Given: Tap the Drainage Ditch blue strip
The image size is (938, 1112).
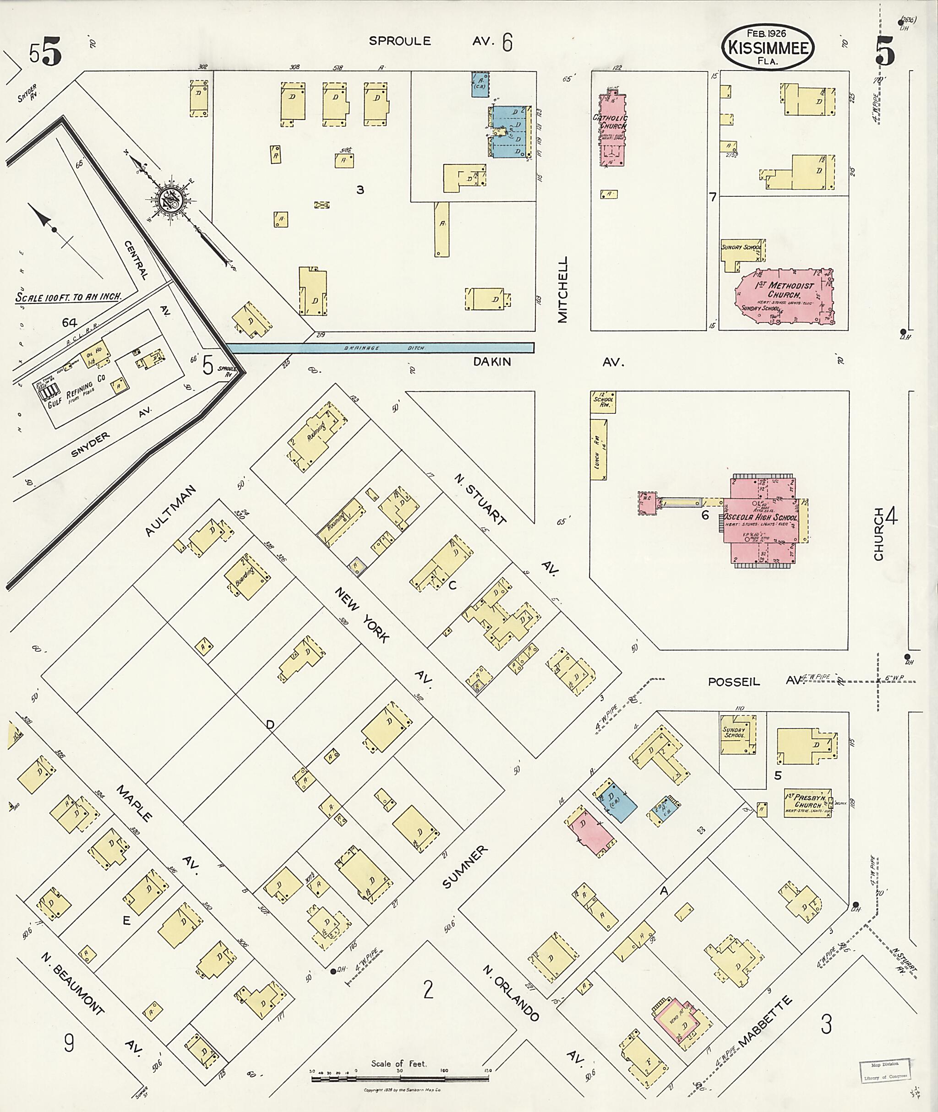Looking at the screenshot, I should (x=380, y=347).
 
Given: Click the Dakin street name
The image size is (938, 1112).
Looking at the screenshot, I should (x=492, y=362).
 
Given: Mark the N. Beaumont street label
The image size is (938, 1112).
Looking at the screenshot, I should (x=72, y=987).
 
